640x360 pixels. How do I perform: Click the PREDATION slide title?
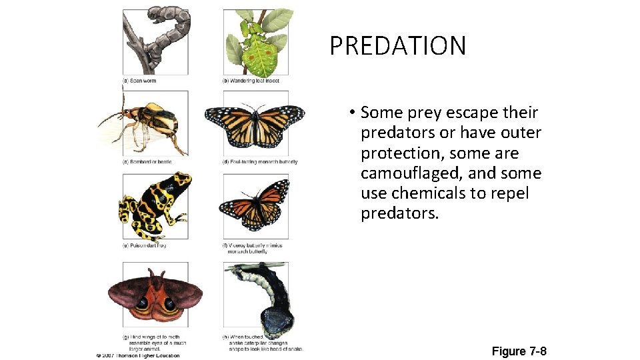[x=397, y=46]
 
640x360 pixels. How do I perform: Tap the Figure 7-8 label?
[x=519, y=351]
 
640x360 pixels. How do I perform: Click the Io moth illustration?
[x=155, y=297]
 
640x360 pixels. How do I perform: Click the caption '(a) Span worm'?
[x=139, y=81]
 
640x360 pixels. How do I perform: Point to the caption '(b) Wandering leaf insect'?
[x=251, y=81]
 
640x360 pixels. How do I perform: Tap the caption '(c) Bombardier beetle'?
[x=147, y=162]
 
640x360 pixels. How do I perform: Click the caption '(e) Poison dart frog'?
[x=144, y=245]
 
